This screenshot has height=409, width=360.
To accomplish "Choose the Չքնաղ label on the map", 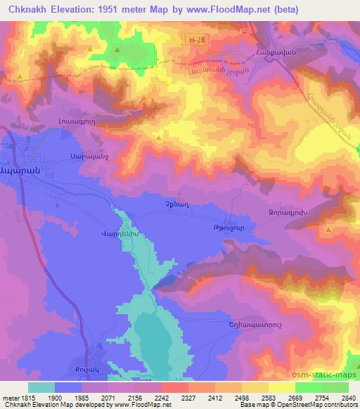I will click(x=165, y=204).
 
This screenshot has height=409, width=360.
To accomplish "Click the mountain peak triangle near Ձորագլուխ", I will click(x=328, y=229).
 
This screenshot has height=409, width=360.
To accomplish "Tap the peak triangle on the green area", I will click(x=117, y=51).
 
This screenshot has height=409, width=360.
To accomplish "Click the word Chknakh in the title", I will click(x=25, y=10).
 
